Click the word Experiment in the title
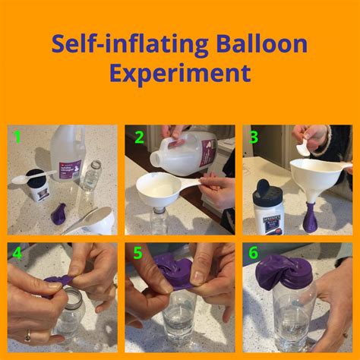(179, 73)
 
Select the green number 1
(17, 138)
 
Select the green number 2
(139, 137)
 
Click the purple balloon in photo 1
(59, 213)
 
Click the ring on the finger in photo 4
(28, 334)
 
